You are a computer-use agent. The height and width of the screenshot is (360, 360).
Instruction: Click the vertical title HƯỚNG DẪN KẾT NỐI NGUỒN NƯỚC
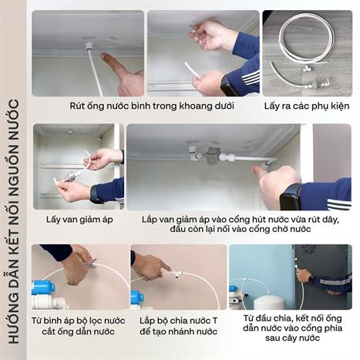point(13,221)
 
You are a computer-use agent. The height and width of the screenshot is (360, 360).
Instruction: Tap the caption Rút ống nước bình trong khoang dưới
point(152,106)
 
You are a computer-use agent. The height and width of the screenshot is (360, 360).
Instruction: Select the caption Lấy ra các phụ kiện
point(307,106)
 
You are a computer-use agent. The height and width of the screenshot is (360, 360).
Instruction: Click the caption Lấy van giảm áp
point(79,220)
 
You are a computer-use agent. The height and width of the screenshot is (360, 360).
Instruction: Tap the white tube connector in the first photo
point(89,47)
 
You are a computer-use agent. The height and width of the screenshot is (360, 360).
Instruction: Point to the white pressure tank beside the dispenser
point(269,302)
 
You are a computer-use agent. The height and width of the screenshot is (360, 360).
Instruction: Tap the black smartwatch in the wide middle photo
point(291,197)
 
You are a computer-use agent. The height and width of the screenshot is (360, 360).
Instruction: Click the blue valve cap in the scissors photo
point(43,288)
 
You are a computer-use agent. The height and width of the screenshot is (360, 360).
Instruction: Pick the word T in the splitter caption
point(214,321)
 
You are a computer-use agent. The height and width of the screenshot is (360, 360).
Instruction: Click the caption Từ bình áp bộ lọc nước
point(79,321)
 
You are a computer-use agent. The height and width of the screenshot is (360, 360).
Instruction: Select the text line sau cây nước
point(292,338)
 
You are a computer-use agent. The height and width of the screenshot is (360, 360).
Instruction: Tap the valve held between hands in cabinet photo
point(70,177)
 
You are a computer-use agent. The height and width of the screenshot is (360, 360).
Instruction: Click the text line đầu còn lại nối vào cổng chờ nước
point(241,229)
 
